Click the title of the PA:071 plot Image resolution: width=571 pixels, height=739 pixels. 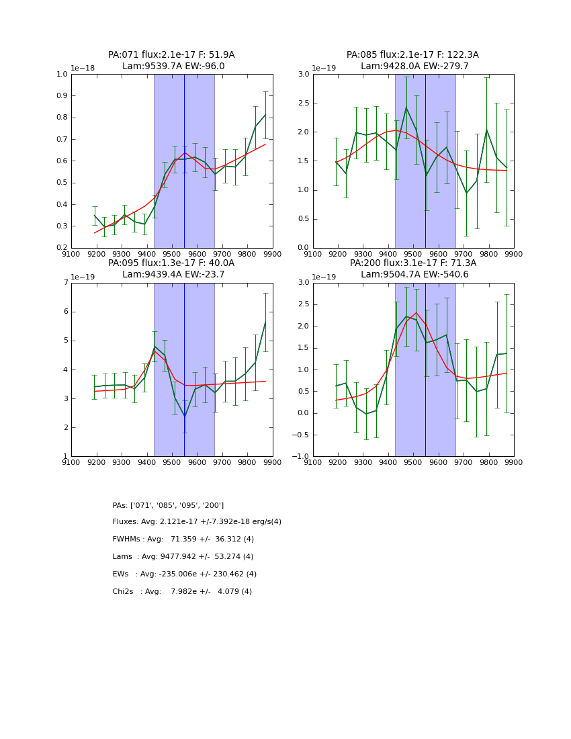pos(171,60)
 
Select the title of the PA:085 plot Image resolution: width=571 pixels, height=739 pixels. pos(412,60)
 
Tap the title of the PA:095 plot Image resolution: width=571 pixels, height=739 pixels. pos(171,269)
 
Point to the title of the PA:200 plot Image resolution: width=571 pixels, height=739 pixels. pos(412,269)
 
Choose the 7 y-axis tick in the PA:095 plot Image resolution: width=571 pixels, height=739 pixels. pos(65,283)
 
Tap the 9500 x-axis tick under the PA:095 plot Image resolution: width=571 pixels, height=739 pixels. pos(172,462)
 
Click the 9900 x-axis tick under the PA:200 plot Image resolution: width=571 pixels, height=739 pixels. pos(514,462)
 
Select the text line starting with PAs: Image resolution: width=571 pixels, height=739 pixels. pos(168,505)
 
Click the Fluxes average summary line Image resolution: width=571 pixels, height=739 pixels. pos(197,522)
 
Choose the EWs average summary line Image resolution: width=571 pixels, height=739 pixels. pos(184,574)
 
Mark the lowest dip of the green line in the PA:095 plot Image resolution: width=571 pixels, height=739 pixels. pos(185,417)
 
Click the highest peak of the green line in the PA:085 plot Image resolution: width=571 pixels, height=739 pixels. pos(406,107)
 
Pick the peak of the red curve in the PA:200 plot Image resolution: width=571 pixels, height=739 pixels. pos(416,312)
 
